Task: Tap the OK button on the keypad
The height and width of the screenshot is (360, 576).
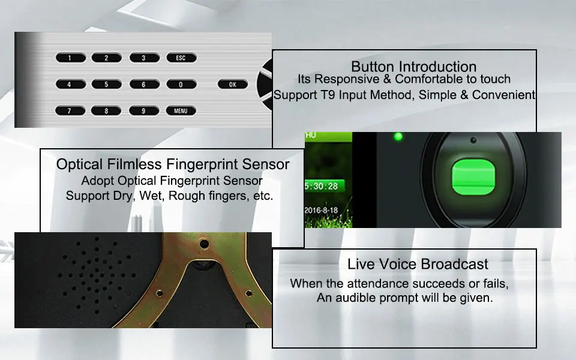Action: [x=233, y=84]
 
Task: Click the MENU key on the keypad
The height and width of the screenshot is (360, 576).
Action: [x=181, y=110]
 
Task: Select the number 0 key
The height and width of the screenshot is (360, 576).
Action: [x=181, y=84]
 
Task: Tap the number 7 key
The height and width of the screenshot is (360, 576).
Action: [x=70, y=110]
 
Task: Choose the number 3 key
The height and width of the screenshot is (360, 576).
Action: [x=144, y=58]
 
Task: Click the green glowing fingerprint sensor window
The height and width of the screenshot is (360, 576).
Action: [x=473, y=176]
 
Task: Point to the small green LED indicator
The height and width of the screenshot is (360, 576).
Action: [x=398, y=137]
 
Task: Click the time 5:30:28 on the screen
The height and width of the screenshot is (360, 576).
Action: [x=321, y=186]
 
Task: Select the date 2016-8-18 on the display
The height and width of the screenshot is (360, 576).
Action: [x=321, y=210]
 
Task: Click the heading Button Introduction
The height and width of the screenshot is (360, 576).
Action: [x=413, y=67]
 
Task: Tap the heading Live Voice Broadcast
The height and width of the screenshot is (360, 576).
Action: [x=418, y=264]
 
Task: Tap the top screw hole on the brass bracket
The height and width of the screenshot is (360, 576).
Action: [x=204, y=244]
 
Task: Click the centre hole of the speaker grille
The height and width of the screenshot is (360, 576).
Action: [x=97, y=275]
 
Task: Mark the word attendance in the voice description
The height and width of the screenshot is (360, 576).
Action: [x=378, y=284]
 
